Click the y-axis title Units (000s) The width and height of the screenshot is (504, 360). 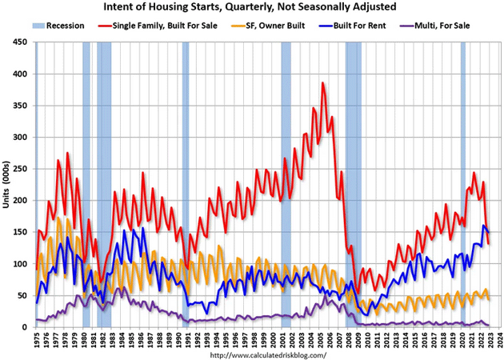tap(7, 184)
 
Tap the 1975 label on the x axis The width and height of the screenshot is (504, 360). tap(38, 338)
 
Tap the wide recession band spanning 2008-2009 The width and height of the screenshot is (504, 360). tap(354, 184)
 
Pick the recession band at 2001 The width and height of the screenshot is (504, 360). tap(286, 184)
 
